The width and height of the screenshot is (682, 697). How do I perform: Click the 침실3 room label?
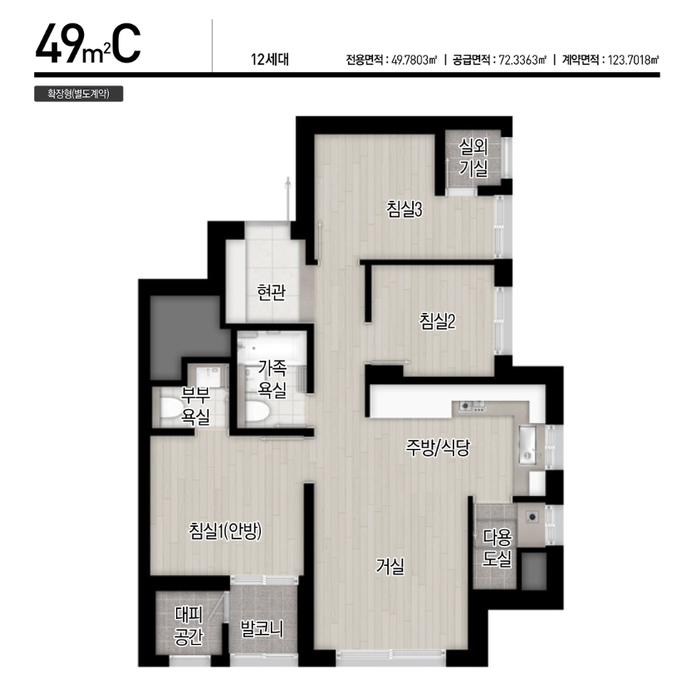click(x=405, y=209)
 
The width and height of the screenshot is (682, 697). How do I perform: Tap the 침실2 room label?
click(x=437, y=321)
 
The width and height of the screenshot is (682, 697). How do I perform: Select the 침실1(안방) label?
click(x=225, y=531)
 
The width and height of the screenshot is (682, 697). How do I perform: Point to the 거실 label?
click(x=390, y=566)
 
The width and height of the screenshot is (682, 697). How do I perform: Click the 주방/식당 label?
click(x=438, y=447)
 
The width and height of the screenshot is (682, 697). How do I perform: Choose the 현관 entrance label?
click(x=272, y=292)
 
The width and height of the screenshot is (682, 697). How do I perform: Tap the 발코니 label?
click(x=262, y=629)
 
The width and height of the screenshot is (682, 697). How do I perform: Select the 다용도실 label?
click(x=498, y=548)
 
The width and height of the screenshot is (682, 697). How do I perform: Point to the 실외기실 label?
click(x=473, y=158)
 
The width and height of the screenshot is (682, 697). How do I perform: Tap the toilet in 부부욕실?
click(x=170, y=408)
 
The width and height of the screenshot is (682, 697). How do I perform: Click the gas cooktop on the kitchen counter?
click(x=473, y=407)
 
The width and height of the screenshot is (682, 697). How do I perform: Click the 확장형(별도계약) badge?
click(x=79, y=94)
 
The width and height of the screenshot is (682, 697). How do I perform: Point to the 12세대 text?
click(x=270, y=59)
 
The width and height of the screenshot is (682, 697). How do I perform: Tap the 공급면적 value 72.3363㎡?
click(x=523, y=60)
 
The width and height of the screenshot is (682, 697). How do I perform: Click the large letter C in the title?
click(x=126, y=44)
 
